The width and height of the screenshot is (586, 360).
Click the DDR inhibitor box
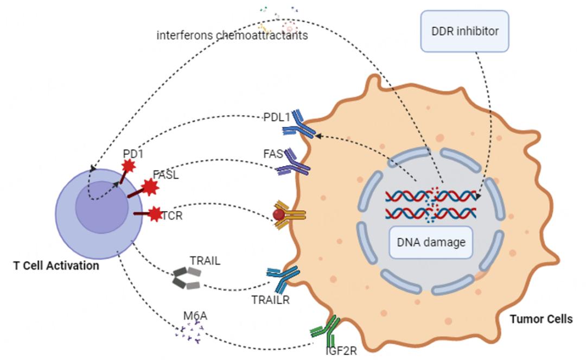465,31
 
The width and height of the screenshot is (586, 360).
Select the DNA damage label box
431,242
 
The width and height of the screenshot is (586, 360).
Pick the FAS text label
273,154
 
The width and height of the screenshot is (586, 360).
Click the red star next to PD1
129,166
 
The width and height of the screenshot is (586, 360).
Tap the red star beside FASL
149,188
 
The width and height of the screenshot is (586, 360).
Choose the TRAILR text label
270,299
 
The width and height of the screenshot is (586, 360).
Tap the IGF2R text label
341,350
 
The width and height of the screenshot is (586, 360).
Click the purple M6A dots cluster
189,332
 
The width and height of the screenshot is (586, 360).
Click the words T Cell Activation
56,266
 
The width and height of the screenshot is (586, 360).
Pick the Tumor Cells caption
541,319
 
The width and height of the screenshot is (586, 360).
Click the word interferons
182,35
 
